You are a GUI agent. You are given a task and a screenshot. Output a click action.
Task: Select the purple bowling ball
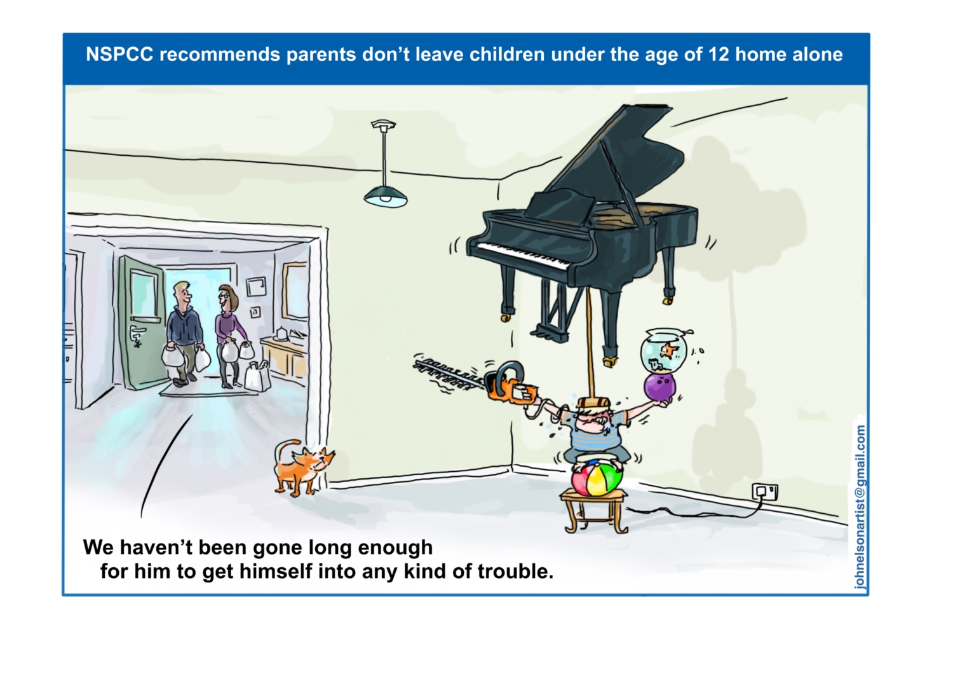[x=658, y=387]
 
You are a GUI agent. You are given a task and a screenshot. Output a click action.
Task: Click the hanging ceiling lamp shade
[x=386, y=196]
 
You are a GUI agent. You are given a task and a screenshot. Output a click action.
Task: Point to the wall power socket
[x=764, y=492]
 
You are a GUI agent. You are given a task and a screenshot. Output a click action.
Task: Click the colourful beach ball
[x=597, y=479]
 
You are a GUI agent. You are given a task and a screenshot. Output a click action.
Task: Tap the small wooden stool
[x=594, y=511]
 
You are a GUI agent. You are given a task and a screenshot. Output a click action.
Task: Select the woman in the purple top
[x=230, y=336]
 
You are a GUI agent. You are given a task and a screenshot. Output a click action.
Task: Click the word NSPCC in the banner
[x=119, y=55]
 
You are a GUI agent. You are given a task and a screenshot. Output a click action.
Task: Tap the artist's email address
[x=860, y=507]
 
